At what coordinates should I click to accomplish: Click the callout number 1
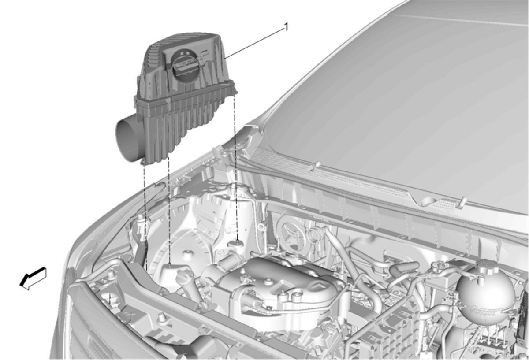coord(286,27)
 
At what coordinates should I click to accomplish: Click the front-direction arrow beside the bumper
coord(33,278)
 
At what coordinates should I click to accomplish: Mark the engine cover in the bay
coord(279,286)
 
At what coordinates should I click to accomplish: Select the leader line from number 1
coord(253,44)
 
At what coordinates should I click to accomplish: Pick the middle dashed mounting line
coord(168,210)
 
